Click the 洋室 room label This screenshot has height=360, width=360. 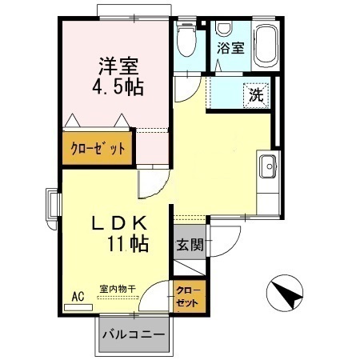pos(118,66)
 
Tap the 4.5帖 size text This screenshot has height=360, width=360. pos(118,87)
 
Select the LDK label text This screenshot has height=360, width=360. pos(119,223)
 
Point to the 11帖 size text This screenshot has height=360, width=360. pos(128,244)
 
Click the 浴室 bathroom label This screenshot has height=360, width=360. pos(230,48)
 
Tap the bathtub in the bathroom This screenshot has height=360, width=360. pos(265,46)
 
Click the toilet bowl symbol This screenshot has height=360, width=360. pos(186,39)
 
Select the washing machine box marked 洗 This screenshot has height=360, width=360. pos(256,95)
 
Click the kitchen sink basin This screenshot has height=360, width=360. pos(268,166)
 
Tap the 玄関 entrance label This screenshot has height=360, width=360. pos(190,245)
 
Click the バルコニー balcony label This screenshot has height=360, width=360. pos(134,334)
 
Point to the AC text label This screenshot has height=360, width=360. pos(78,297)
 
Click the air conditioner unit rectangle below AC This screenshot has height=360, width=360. pos(78,307)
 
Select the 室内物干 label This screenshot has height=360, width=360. pos(118,289)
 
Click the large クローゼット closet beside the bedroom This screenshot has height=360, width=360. pos(98,148)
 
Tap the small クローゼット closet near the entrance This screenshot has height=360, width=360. pos(189,296)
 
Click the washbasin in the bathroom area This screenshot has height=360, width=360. pos(224,28)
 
